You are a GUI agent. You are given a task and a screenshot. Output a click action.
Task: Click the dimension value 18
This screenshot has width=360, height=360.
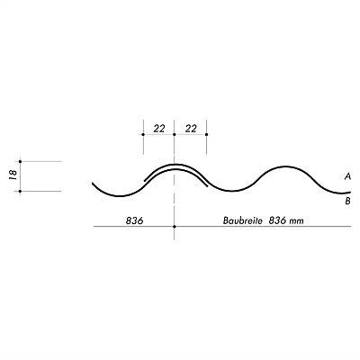click(x=13, y=174)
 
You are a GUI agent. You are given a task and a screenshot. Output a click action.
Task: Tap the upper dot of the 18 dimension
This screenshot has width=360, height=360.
click(x=20, y=161)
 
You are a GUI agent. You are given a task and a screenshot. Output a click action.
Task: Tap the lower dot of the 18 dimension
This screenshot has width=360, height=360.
click(x=20, y=191)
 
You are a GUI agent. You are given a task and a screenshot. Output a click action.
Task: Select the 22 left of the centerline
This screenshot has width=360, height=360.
click(x=159, y=129)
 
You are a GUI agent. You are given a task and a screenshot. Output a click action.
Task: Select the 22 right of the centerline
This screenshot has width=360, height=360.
click(x=191, y=129)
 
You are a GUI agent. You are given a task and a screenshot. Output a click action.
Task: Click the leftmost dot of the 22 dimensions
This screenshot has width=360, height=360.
click(x=143, y=134)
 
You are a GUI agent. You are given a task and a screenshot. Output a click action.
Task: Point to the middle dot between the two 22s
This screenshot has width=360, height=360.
click(x=175, y=134)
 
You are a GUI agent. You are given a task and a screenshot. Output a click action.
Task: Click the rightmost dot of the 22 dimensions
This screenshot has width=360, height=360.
click(x=206, y=134)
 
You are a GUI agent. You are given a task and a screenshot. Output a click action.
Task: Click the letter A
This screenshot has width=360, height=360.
click(x=347, y=177)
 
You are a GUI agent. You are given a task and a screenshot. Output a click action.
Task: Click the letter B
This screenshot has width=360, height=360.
click(x=347, y=201)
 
